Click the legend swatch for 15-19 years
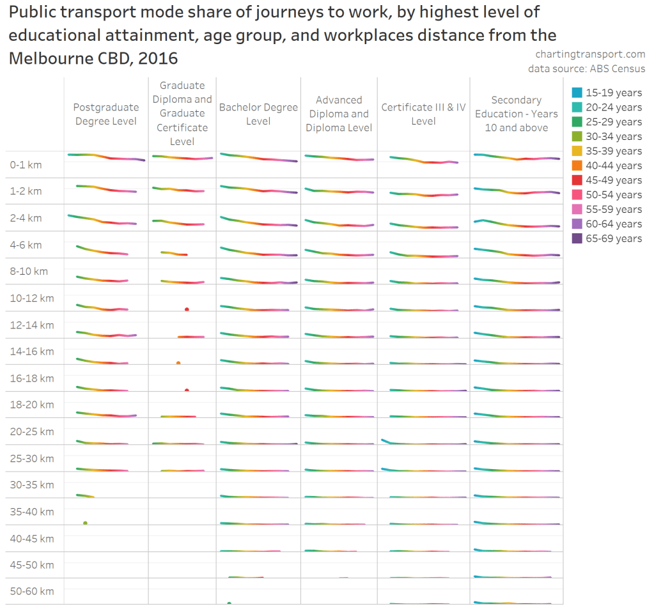click(577, 93)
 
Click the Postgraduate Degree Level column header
click(105, 114)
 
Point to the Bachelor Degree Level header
click(258, 114)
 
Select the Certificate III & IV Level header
click(423, 114)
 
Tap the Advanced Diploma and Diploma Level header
click(339, 114)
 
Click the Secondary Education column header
click(516, 114)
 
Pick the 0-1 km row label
click(26, 165)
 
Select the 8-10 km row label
click(29, 271)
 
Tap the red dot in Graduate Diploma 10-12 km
click(187, 309)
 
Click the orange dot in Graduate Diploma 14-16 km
click(178, 363)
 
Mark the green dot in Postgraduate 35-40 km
click(85, 523)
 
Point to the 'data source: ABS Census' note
click(586, 68)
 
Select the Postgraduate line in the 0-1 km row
click(105, 157)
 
